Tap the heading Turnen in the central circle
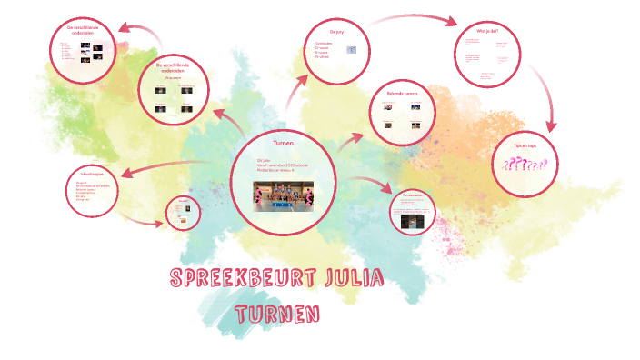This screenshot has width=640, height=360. pos(283,144)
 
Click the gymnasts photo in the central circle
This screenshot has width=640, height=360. pos(283,195)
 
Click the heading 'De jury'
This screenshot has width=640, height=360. pos(339,31)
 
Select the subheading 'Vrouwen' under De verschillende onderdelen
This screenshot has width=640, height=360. pos(174,78)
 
